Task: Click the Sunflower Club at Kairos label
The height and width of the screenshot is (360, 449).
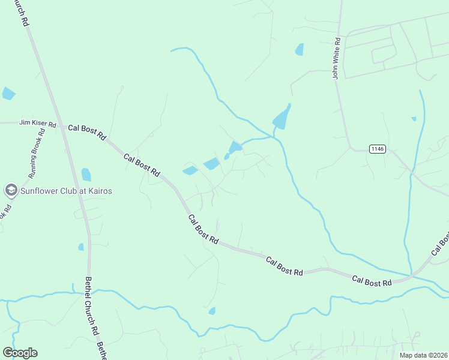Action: tap(66, 191)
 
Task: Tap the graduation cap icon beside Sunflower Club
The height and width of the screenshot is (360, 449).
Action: tap(10, 191)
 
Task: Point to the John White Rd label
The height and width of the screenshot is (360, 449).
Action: tap(337, 58)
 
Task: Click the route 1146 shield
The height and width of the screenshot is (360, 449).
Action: tap(377, 149)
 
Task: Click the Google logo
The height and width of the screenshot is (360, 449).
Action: tap(20, 353)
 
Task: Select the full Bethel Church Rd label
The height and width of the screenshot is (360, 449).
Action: tap(91, 306)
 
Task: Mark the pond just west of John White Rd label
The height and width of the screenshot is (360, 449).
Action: tap(299, 50)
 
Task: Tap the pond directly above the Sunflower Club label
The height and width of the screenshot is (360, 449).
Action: tap(86, 175)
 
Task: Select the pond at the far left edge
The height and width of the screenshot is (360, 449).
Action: tap(8, 93)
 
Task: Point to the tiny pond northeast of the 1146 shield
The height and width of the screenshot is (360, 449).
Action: tap(414, 119)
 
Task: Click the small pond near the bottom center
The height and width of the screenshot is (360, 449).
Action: tap(211, 311)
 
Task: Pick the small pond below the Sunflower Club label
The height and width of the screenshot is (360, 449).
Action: tap(81, 247)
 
